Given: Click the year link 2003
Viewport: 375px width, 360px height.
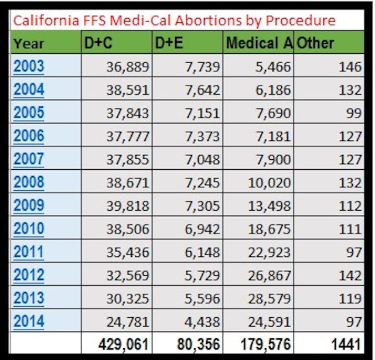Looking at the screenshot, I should [29, 66].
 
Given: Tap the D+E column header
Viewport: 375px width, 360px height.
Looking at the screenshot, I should [169, 43].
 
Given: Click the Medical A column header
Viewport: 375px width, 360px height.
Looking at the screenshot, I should [258, 43].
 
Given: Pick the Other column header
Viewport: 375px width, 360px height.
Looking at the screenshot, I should [316, 43].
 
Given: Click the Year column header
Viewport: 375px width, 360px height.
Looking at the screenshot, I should [29, 43].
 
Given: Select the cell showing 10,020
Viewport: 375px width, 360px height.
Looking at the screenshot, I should [266, 183].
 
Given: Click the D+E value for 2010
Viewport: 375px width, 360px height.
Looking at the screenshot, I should [201, 229].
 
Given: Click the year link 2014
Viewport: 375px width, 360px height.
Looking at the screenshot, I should [29, 321].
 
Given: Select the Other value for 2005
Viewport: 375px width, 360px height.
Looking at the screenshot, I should [353, 113].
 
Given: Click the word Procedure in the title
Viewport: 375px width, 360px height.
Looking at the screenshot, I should [301, 20].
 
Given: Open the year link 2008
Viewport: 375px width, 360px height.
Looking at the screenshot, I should [29, 182].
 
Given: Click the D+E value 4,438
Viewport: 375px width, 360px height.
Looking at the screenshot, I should [201, 321].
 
